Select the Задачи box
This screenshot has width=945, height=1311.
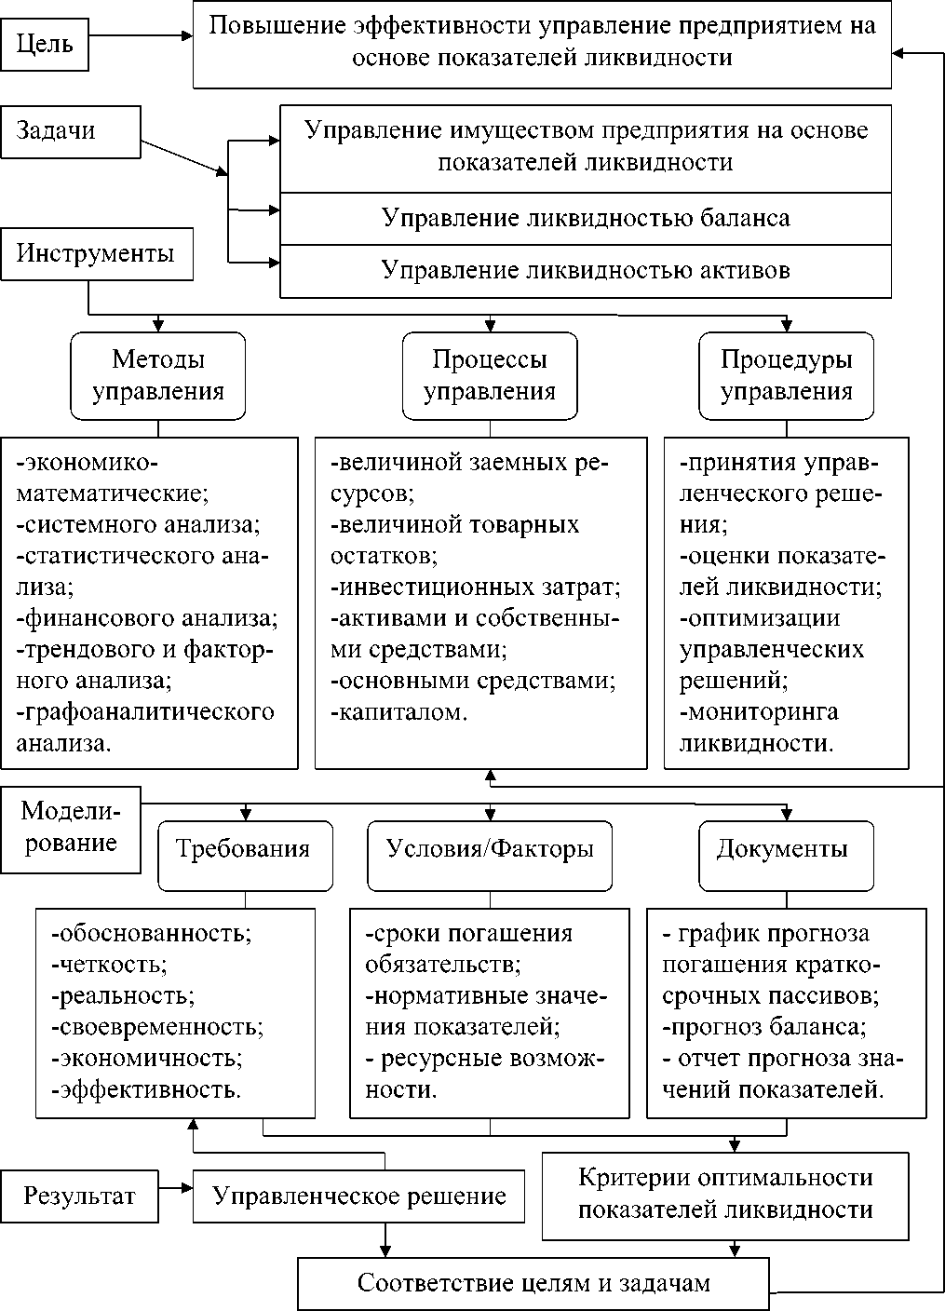click(x=71, y=131)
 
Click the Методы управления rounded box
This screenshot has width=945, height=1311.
click(x=158, y=375)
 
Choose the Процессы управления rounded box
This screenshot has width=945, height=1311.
click(x=490, y=375)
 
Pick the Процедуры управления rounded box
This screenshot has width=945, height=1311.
click(x=787, y=375)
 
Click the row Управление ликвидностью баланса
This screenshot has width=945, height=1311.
click(x=586, y=219)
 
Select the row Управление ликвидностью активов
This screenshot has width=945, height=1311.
click(x=586, y=271)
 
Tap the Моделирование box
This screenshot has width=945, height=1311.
click(x=70, y=828)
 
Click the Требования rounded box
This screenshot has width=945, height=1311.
click(x=245, y=849)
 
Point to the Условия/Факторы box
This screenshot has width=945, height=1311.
click(x=490, y=849)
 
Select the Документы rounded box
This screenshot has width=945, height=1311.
click(x=787, y=849)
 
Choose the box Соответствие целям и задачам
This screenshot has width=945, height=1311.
click(x=533, y=1284)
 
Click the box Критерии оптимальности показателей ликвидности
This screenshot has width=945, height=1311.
click(x=725, y=1195)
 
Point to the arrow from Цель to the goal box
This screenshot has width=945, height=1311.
click(x=140, y=36)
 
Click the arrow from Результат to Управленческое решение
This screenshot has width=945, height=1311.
click(x=175, y=1189)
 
